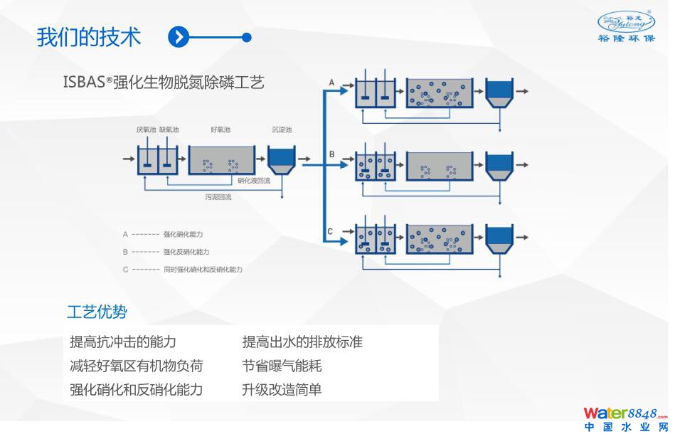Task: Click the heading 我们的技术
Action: [x=89, y=37]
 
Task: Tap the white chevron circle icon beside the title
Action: [x=179, y=37]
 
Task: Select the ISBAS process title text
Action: [x=164, y=83]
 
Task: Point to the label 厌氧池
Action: [x=146, y=130]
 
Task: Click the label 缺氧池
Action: [x=169, y=130]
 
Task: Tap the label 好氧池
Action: [x=220, y=130]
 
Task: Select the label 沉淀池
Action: [x=282, y=130]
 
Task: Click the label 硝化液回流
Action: [x=254, y=181]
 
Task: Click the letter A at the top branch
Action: [x=331, y=83]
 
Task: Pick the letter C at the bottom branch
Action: [x=330, y=231]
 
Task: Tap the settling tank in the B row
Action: [x=499, y=164]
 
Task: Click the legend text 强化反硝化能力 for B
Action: [x=186, y=252]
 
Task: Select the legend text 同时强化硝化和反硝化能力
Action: [x=203, y=270]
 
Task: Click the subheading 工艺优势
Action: [x=97, y=312]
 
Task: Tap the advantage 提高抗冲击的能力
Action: [x=123, y=342]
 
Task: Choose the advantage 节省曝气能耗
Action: [x=282, y=366]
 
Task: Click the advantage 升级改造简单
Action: [x=282, y=390]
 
